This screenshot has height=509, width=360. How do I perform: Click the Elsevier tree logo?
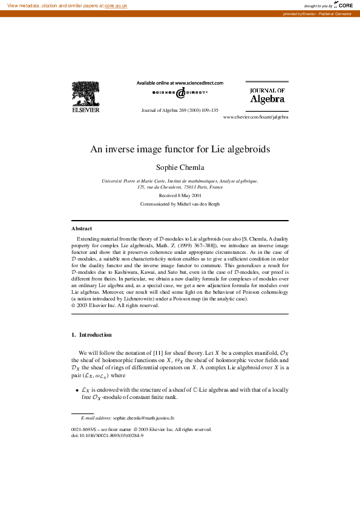coord(86,97)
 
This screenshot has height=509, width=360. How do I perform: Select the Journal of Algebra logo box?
coord(267,96)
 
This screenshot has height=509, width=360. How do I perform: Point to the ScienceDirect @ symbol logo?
coord(180,92)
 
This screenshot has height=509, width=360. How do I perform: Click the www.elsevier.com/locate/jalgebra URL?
coord(255,117)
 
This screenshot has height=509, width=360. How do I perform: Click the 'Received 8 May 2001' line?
coord(180,196)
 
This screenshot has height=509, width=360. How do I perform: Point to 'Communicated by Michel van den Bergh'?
coord(180,204)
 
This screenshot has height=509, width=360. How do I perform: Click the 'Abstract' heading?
coord(82,229)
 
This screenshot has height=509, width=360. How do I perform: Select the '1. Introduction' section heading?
coord(91,334)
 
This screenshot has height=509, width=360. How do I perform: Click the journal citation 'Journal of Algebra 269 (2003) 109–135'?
coord(180,111)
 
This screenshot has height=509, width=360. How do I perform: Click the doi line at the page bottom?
coord(107,435)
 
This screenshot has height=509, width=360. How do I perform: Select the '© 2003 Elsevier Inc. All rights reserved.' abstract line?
coord(116,305)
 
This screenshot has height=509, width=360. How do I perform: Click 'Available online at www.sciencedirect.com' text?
coord(180,83)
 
